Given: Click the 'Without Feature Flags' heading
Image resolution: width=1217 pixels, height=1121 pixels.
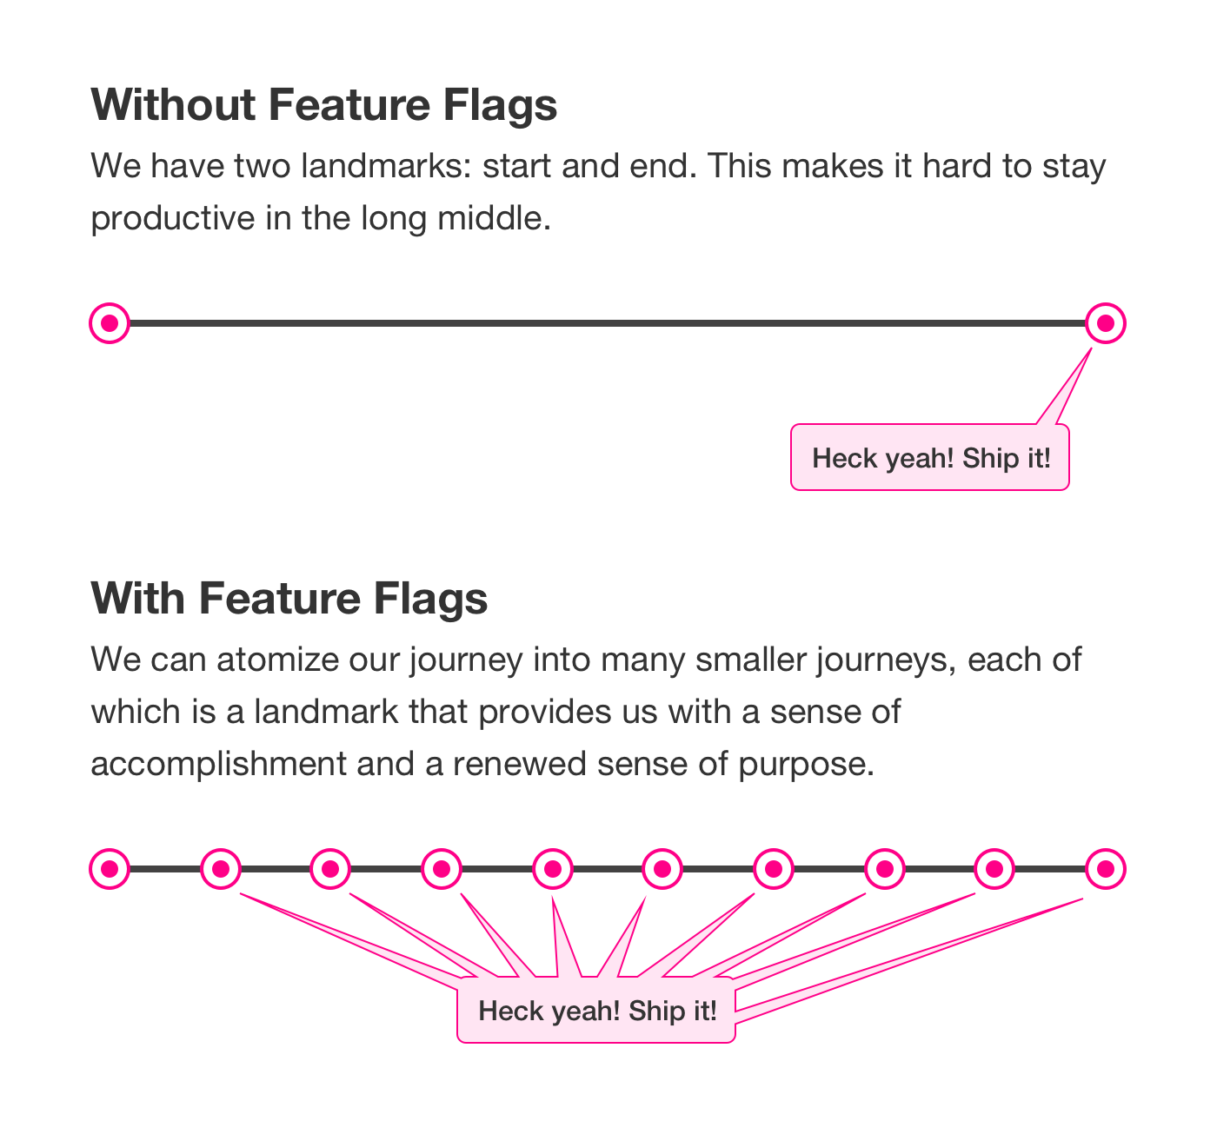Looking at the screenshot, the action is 323,106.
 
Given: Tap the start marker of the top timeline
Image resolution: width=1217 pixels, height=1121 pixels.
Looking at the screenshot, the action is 110,323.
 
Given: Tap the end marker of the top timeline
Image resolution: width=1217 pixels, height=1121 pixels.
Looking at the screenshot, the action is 1106,323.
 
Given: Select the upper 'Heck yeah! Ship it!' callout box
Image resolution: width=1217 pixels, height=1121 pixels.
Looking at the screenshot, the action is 930,457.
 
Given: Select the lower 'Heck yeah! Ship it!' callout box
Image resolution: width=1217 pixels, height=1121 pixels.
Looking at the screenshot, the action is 596,1011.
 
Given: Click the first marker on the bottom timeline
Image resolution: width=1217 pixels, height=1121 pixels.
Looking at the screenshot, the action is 110,869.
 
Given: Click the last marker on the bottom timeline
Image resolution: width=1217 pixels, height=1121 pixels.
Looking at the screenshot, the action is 1106,869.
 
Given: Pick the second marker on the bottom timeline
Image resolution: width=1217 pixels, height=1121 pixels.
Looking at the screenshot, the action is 221,869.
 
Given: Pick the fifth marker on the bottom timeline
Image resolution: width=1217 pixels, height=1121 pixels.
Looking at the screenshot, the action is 553,869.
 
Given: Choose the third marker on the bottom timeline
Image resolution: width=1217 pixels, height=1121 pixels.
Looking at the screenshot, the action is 330,869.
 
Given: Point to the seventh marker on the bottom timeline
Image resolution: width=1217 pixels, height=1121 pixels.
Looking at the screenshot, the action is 774,869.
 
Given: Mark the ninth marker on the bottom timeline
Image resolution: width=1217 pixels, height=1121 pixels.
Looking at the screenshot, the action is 994,869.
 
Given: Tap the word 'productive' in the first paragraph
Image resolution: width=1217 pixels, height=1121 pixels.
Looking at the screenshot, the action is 173,219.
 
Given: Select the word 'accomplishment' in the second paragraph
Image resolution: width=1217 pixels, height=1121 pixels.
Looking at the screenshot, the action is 218,765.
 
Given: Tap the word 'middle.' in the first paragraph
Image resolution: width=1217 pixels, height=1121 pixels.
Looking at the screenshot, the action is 494,218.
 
